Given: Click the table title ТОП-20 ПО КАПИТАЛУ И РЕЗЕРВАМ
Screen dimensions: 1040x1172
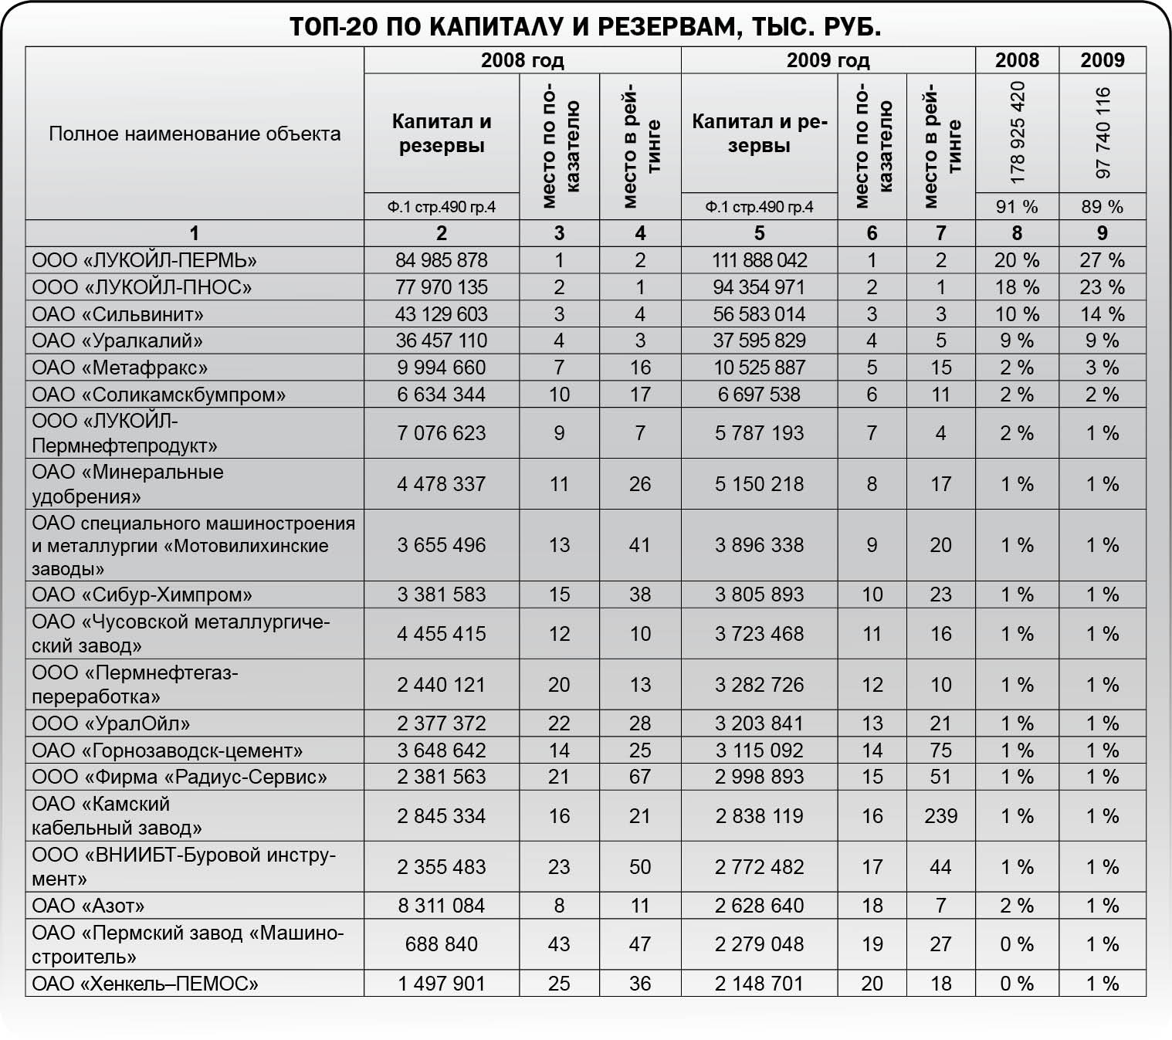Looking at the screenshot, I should point(585,27).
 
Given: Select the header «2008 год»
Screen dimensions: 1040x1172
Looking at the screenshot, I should point(522,60).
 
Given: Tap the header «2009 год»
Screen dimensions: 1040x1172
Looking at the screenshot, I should point(828,60).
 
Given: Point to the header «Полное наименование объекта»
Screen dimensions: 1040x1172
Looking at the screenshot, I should point(195,134).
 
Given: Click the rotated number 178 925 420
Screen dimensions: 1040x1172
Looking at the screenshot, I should point(1017,132).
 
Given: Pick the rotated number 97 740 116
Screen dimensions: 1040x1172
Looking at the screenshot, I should point(1103,132).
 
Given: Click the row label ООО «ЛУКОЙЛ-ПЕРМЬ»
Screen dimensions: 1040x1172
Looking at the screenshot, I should point(144,260).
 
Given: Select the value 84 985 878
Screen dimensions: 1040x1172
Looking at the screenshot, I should point(442,260).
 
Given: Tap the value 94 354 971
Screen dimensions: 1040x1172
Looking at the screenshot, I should point(759,287).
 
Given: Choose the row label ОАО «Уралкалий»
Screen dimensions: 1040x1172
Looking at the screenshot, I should point(117,340).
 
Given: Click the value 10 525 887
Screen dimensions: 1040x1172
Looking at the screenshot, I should point(759,368).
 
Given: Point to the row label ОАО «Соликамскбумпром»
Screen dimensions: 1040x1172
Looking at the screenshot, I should point(158,395).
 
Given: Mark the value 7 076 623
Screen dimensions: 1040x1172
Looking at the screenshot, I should point(442,433).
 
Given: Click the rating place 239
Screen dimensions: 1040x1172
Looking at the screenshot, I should point(940,816).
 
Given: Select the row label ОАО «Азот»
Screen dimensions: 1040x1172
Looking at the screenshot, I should point(88,906).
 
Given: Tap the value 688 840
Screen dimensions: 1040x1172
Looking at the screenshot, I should point(442,944).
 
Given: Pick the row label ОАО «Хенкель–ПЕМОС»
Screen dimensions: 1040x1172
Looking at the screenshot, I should point(145,984).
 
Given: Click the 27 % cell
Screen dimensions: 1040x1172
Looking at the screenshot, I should point(1103,260).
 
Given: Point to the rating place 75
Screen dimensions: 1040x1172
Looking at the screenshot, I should point(940,750).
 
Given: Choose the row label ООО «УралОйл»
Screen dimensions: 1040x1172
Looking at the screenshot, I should point(111,723).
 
